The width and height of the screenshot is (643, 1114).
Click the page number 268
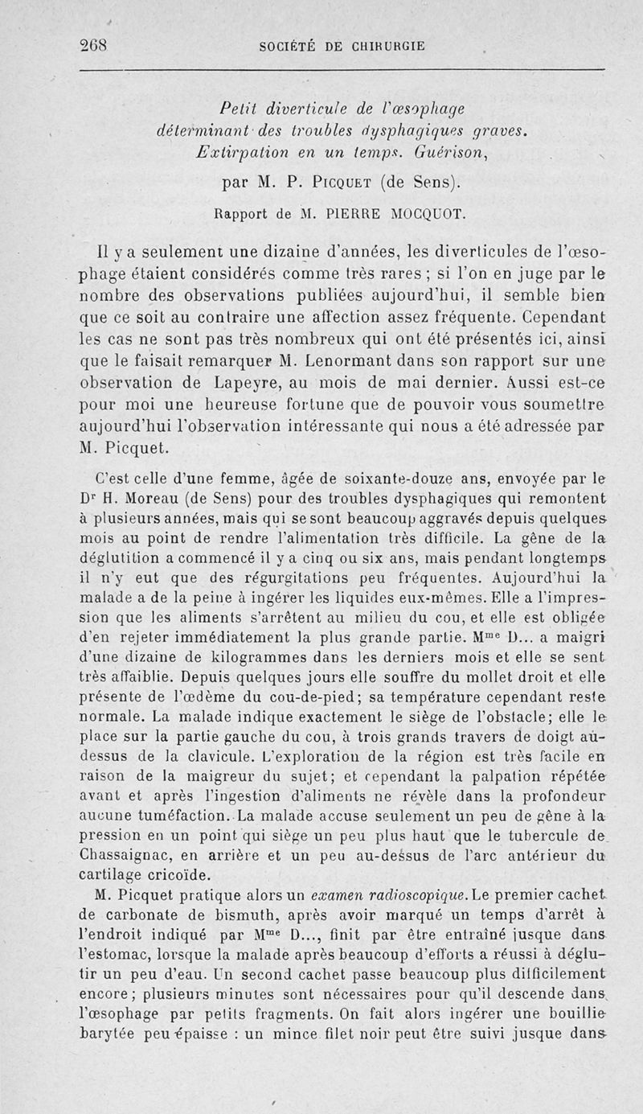coord(95,45)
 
